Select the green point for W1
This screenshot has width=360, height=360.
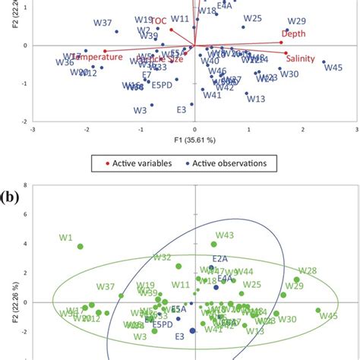tap(81, 246)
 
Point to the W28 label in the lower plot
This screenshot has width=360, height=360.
tap(307, 271)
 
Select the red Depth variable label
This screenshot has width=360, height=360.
tap(294, 33)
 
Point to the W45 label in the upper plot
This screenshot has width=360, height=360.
tap(333, 68)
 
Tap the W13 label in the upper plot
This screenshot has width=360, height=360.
tap(256, 99)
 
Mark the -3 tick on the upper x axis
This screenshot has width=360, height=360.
tap(32, 129)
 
